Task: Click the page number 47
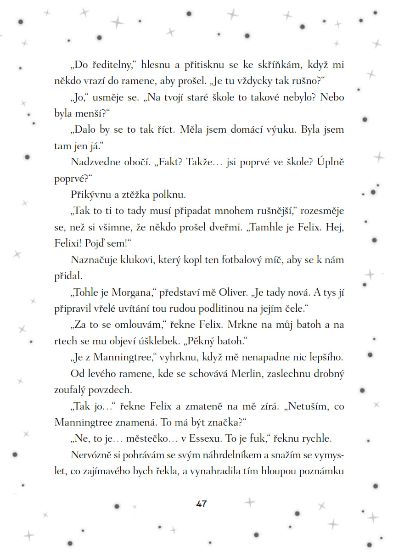coord(201,504)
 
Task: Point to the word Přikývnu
coord(89,195)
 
